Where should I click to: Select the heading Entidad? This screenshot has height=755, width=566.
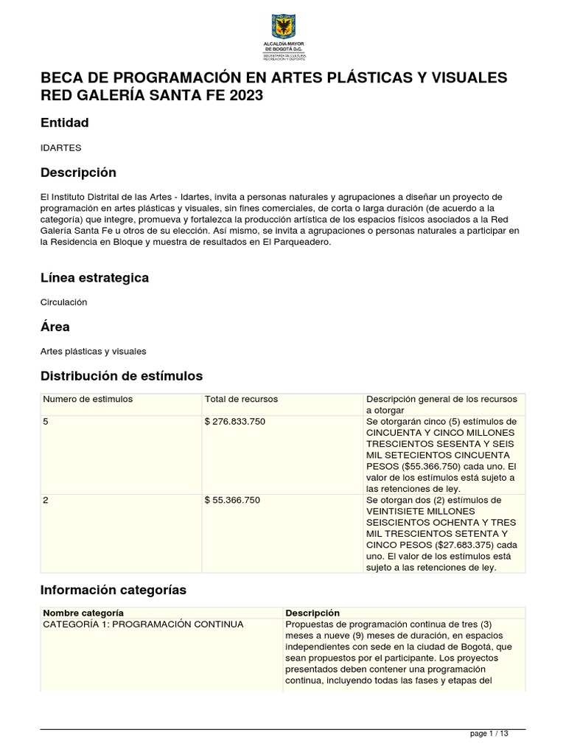[x=65, y=122]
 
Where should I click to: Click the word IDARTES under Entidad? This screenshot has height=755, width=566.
[x=60, y=147]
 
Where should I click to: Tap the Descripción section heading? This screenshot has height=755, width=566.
[x=78, y=173]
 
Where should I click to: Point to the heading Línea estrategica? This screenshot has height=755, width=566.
[x=94, y=277]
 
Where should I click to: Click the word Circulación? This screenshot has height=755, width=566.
[x=64, y=302]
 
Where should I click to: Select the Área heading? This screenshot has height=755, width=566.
[x=55, y=327]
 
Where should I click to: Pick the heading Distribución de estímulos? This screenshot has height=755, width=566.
[x=122, y=376]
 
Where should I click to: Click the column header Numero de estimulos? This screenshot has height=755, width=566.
[x=88, y=399]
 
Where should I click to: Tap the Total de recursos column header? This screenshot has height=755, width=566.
[x=241, y=399]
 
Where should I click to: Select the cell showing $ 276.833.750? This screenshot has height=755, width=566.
[x=235, y=421]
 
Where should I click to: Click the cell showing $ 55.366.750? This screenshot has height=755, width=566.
[x=232, y=500]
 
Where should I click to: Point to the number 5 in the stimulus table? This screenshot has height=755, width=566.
[x=46, y=421]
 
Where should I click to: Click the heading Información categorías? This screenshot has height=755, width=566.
[x=113, y=590]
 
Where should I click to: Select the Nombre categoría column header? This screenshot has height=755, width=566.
[x=83, y=613]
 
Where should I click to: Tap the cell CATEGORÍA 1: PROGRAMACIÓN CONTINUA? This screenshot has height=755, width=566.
[x=143, y=624]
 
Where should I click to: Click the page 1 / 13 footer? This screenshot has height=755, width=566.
[x=489, y=734]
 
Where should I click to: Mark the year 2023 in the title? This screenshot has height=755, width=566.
[x=242, y=96]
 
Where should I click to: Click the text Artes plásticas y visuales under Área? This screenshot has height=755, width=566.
[x=94, y=352]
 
